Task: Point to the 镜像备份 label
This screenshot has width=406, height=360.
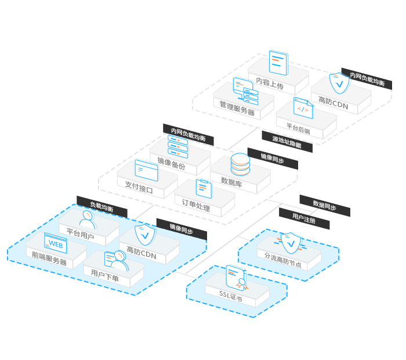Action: pyautogui.click(x=172, y=165)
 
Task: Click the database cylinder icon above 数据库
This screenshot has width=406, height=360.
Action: pyautogui.click(x=240, y=164)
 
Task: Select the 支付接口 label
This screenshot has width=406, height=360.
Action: pyautogui.click(x=139, y=189)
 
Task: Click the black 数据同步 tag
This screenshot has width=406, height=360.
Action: pyautogui.click(x=324, y=205)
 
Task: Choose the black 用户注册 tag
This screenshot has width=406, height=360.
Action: pyautogui.click(x=304, y=218)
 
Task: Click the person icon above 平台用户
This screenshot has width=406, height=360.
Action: pyautogui.click(x=87, y=218)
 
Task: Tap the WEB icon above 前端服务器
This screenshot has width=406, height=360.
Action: pyautogui.click(x=55, y=243)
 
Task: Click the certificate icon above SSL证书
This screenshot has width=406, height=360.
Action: pyautogui.click(x=235, y=276)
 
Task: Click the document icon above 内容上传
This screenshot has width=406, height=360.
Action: pyautogui.click(x=278, y=63)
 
